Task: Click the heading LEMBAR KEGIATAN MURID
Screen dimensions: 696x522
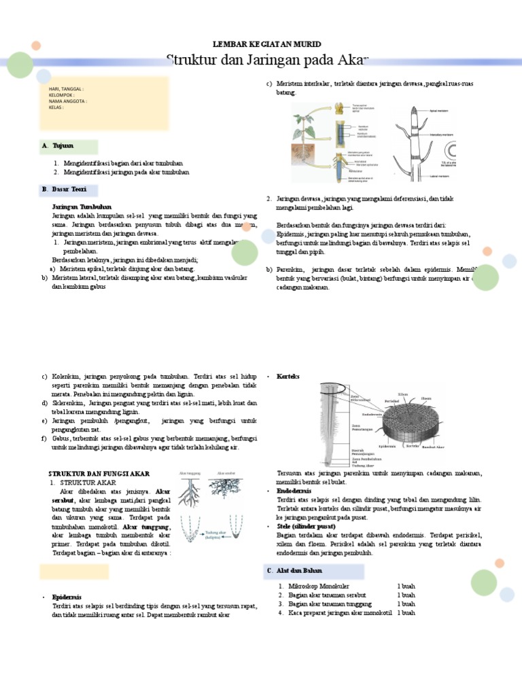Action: point(267,43)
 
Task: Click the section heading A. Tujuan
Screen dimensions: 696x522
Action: point(62,146)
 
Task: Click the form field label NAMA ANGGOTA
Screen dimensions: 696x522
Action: point(67,101)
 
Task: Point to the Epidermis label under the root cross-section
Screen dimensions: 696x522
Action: point(387,447)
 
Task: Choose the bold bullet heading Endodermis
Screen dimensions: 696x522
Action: point(294,490)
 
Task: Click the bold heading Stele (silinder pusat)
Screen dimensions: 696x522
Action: point(307,526)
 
